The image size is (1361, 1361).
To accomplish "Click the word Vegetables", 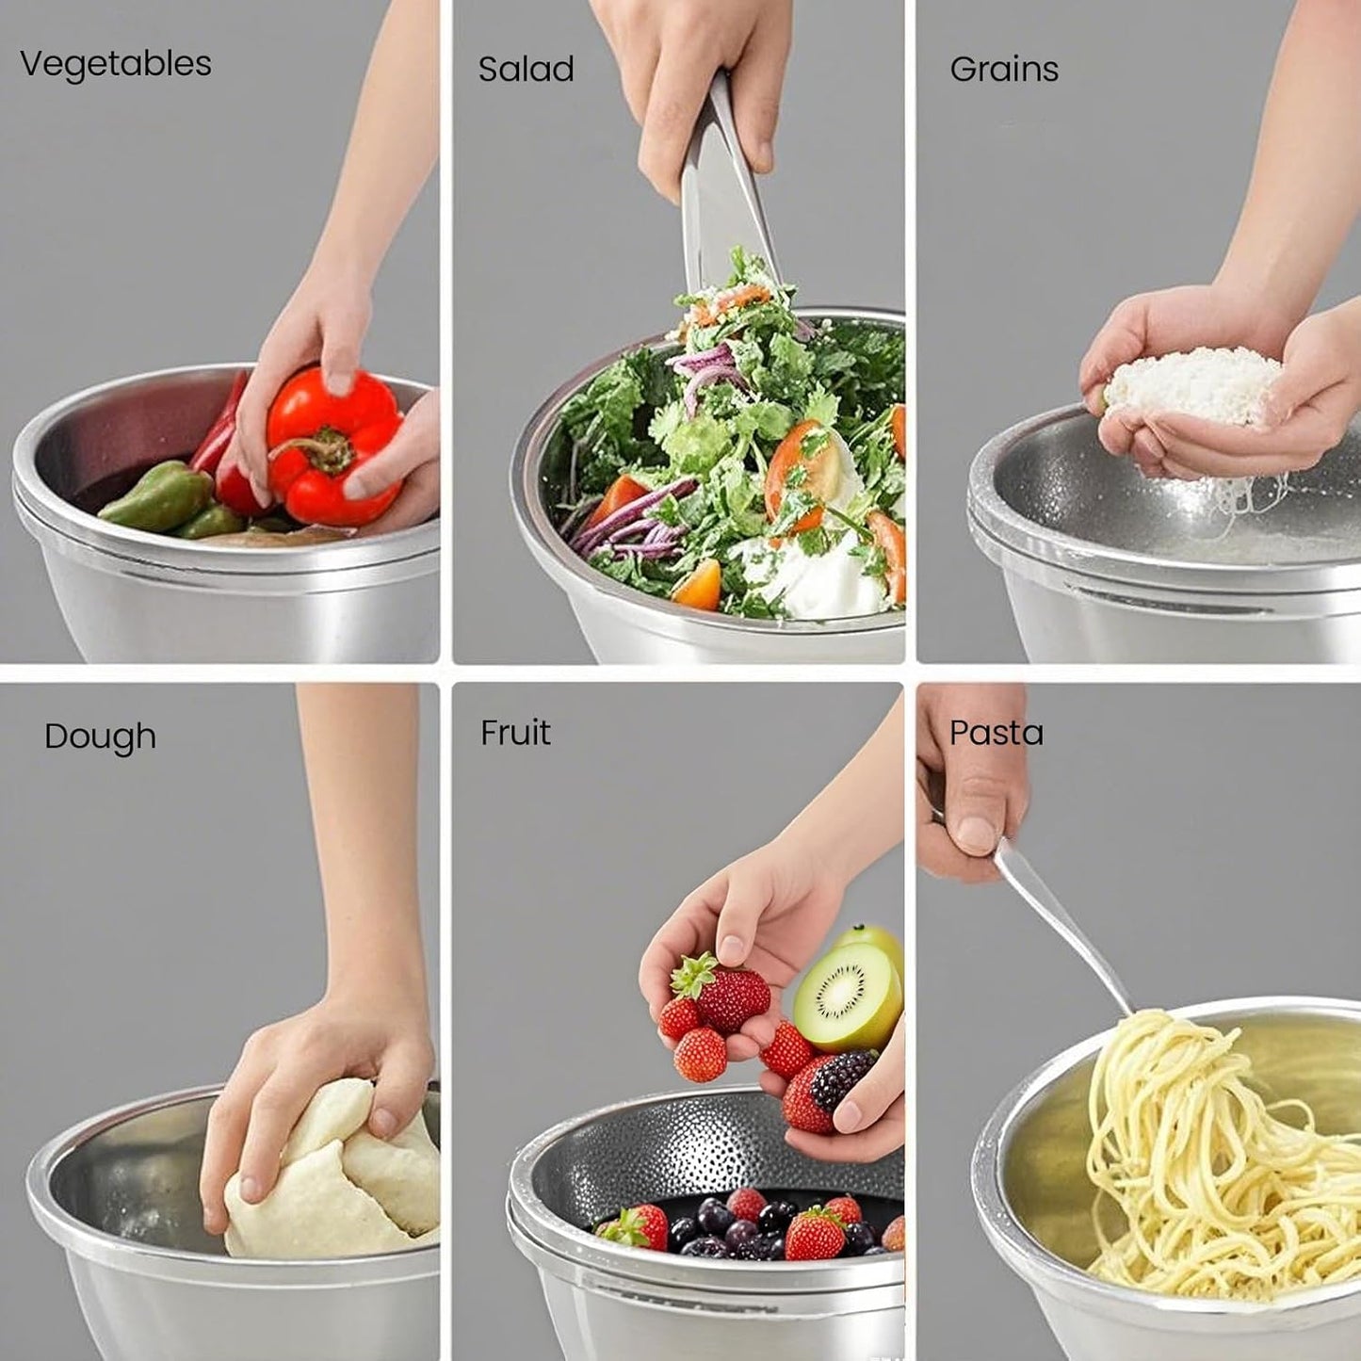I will [115, 64].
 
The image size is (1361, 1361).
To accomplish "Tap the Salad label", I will [526, 69].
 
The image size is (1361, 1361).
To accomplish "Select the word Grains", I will [1004, 69].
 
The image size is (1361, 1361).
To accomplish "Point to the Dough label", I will [100, 736].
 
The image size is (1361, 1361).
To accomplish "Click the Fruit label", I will [515, 732].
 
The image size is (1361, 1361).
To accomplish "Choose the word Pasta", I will [996, 733].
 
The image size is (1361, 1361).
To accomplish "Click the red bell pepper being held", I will [330, 443].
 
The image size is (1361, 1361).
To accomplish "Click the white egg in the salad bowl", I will [810, 575].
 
